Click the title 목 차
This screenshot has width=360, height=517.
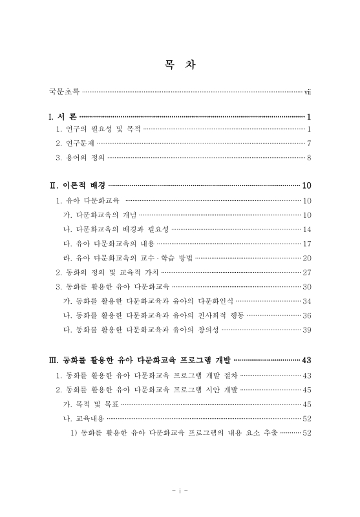(x=180, y=65)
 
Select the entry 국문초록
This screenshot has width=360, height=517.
(x=64, y=92)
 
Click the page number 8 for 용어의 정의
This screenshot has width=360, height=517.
(x=310, y=157)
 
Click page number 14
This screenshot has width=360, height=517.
(x=307, y=229)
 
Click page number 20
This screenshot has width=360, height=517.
(x=307, y=258)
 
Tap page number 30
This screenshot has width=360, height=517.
(x=307, y=286)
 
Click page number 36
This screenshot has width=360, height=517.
(x=307, y=315)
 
